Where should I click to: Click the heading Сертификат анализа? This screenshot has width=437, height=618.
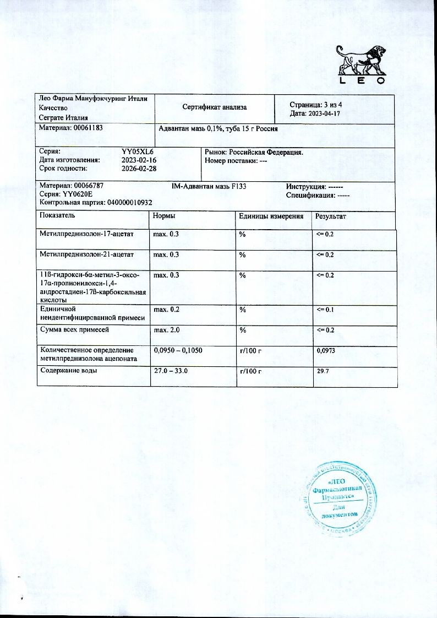coord(215,107)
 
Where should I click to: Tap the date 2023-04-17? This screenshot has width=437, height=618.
coord(326,113)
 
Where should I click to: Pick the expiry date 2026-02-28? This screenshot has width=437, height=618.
coord(139,169)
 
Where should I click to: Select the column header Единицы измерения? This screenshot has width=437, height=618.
coord(271,216)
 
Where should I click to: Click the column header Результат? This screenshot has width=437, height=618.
coord(330,216)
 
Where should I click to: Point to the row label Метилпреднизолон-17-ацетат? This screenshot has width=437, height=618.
coord(86,234)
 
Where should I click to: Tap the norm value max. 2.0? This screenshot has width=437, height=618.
coord(166,330)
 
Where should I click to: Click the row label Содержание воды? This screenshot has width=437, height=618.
coord(69,371)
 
